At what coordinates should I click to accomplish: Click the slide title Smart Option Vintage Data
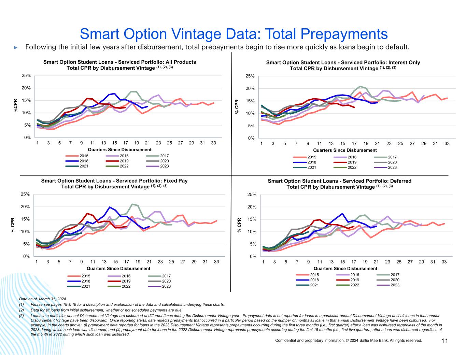pos(234,34)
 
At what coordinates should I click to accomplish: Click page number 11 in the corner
pos(445,341)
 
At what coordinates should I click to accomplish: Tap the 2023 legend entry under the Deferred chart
pos(395,285)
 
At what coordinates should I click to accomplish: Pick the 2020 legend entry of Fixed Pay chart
pos(166,281)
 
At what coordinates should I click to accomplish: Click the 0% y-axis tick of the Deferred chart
pos(253,257)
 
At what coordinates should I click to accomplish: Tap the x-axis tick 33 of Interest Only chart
pos(447,144)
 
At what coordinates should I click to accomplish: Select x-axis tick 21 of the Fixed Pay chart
pos(149,262)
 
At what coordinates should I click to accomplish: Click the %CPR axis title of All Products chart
pos(15,105)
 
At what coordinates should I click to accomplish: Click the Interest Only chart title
pos(343,65)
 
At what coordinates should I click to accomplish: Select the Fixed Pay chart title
pos(114,184)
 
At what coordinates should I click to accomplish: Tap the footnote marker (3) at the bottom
pos(22,316)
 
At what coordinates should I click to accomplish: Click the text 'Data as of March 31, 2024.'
pos(43,299)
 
